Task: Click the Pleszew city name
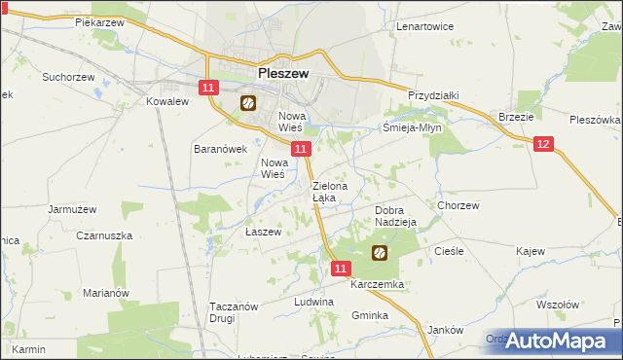(282, 72)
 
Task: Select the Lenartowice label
(425, 26)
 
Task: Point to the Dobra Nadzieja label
(395, 215)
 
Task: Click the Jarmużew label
(70, 208)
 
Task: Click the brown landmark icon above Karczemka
(379, 253)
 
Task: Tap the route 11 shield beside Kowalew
(207, 88)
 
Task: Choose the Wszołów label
(557, 304)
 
